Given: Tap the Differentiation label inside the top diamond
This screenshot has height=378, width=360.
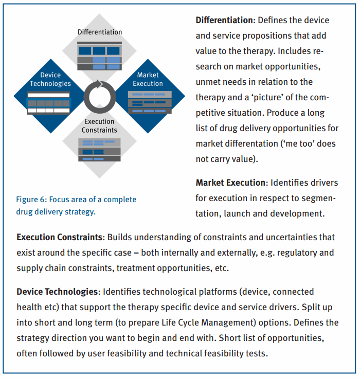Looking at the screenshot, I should click(100, 32).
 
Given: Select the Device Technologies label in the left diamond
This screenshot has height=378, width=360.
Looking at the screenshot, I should click(50, 79).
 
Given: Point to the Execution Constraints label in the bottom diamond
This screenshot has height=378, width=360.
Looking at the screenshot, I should click(99, 125).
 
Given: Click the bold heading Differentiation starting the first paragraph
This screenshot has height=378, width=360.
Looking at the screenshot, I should click(225, 21).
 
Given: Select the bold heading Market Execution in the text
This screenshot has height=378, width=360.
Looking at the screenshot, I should click(230, 183).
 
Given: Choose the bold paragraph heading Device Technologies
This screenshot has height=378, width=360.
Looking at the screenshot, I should click(57, 292).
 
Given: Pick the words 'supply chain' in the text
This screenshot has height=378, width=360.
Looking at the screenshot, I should click(40, 268).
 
